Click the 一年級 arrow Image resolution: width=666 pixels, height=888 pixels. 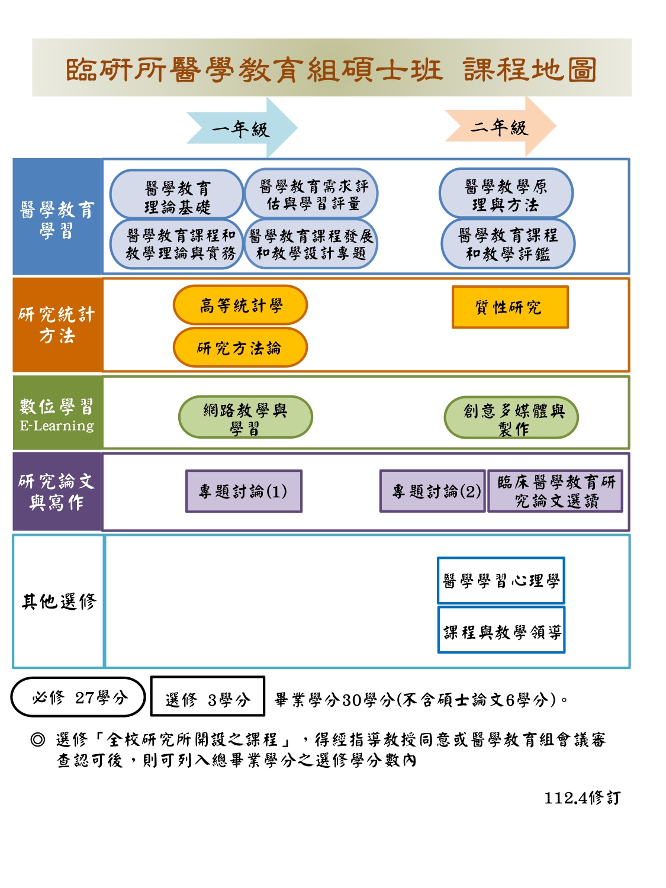pyautogui.click(x=241, y=128)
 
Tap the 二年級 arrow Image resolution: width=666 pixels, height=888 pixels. pyautogui.click(x=500, y=127)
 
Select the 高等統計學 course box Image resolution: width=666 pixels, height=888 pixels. pyautogui.click(x=240, y=305)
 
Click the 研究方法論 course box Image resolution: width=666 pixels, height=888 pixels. pyautogui.click(x=240, y=348)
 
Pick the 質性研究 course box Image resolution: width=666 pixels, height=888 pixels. pyautogui.click(x=510, y=307)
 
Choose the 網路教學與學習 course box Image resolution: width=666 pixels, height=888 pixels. pyautogui.click(x=245, y=417)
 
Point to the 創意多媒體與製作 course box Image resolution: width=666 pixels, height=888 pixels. pyautogui.click(x=511, y=418)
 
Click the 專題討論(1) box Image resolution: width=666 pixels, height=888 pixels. pyautogui.click(x=244, y=491)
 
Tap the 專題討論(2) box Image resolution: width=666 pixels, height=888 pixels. pyautogui.click(x=433, y=491)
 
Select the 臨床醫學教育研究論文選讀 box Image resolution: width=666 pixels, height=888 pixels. pyautogui.click(x=555, y=491)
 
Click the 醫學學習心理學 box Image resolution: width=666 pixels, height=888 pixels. pyautogui.click(x=501, y=581)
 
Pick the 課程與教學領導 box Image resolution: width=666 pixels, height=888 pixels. pyautogui.click(x=501, y=631)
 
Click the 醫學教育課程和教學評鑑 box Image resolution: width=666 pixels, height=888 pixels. pyautogui.click(x=508, y=244)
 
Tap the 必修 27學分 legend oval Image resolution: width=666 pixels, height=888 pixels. pyautogui.click(x=78, y=697)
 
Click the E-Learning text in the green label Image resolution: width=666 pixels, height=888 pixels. pyautogui.click(x=57, y=426)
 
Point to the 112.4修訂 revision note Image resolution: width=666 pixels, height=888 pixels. pyautogui.click(x=582, y=798)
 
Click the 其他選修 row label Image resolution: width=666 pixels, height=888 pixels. pyautogui.click(x=59, y=601)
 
